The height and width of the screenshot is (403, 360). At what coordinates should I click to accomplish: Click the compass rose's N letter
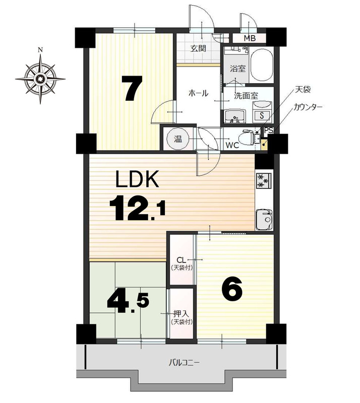40,50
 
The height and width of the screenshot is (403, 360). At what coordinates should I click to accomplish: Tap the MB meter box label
250,39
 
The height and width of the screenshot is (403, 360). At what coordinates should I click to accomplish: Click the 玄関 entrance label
198,48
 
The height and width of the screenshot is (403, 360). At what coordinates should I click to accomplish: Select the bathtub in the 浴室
262,65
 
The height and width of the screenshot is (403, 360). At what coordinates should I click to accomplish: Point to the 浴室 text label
238,69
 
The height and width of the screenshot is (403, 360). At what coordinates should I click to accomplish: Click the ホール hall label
198,93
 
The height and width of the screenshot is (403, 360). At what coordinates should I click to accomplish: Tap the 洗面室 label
246,96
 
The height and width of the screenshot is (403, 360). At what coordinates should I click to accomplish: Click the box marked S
262,115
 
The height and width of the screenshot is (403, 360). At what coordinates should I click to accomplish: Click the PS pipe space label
269,130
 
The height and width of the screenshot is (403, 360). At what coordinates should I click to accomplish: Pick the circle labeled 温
178,139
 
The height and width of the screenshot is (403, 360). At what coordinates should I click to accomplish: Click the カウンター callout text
308,107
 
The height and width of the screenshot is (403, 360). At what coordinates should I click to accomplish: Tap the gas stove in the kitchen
264,180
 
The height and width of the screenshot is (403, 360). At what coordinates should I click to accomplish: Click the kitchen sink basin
264,219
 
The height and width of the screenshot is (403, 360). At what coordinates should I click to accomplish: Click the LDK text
137,179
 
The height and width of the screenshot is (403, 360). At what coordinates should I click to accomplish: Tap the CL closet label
182,260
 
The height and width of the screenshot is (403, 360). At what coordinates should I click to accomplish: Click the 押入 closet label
182,314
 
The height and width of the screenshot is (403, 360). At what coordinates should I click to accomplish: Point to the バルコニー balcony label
184,363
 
